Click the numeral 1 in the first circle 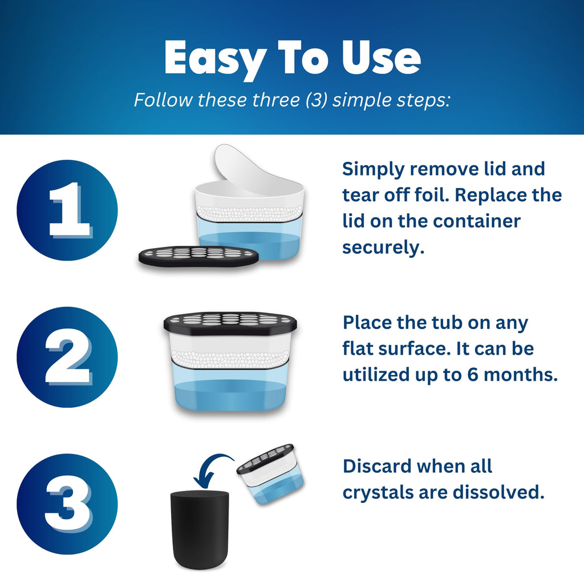(x=70, y=210)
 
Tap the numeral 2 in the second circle (x=68, y=356)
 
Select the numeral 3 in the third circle (x=68, y=504)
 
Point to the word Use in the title (x=381, y=57)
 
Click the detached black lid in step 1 (x=198, y=255)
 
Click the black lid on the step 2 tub (x=230, y=323)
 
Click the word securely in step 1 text (x=383, y=248)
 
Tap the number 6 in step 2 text (x=473, y=374)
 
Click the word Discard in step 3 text (x=377, y=465)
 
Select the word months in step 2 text (x=520, y=374)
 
